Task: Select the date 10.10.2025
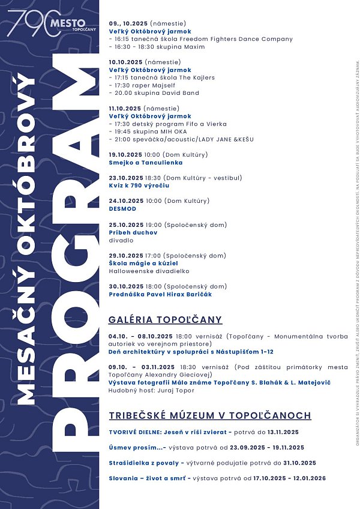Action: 125,62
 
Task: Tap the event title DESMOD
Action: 122,209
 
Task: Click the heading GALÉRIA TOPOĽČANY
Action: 165,319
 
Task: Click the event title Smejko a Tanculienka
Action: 146,163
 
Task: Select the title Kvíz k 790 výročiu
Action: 139,186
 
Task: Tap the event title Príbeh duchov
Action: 133,232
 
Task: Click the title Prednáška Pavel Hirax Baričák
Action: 160,294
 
